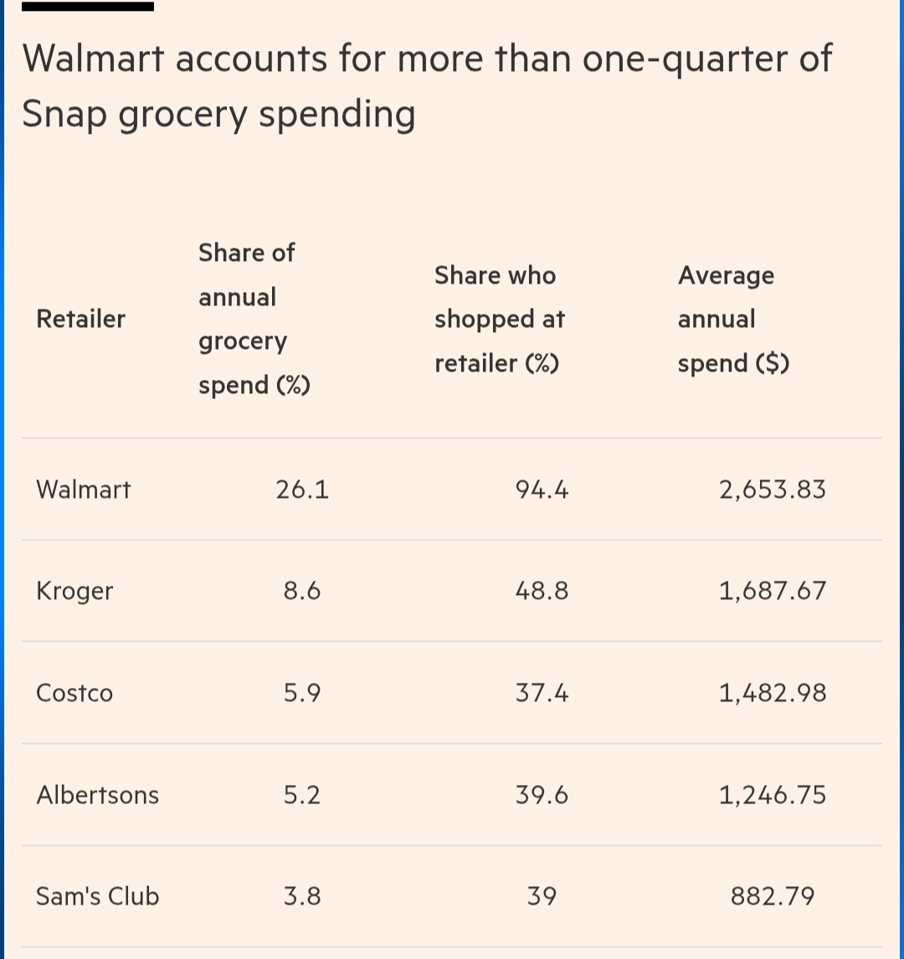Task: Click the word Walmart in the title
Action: click(91, 59)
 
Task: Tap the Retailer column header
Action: click(81, 319)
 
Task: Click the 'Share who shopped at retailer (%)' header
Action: click(500, 319)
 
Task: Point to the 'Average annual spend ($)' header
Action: click(733, 319)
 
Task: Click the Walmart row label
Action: click(84, 490)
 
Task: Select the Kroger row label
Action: click(74, 592)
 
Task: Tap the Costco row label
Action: click(74, 694)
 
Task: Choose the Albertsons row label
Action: click(97, 795)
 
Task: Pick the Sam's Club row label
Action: click(97, 896)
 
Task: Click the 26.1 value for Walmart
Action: click(302, 490)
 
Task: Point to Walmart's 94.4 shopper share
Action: click(542, 490)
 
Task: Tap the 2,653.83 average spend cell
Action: click(772, 490)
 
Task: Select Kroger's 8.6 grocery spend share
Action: click(302, 592)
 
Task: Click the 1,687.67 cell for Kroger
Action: click(772, 592)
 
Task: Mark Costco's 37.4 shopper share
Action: click(542, 694)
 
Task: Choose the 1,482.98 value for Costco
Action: click(772, 694)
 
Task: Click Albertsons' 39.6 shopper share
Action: click(542, 795)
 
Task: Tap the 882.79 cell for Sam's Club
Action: click(772, 896)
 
